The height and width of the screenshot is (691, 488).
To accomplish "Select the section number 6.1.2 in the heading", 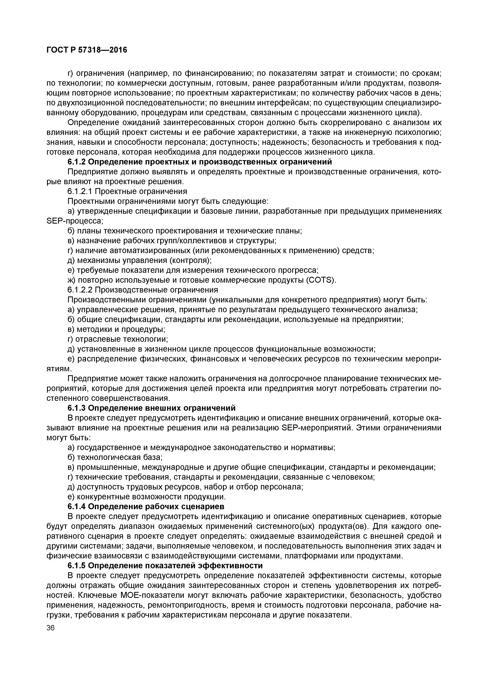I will pyautogui.click(x=77, y=162).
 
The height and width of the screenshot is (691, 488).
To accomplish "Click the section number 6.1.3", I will pyautogui.click(x=77, y=408).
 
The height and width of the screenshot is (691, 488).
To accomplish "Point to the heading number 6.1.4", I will pyautogui.click(x=77, y=506).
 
